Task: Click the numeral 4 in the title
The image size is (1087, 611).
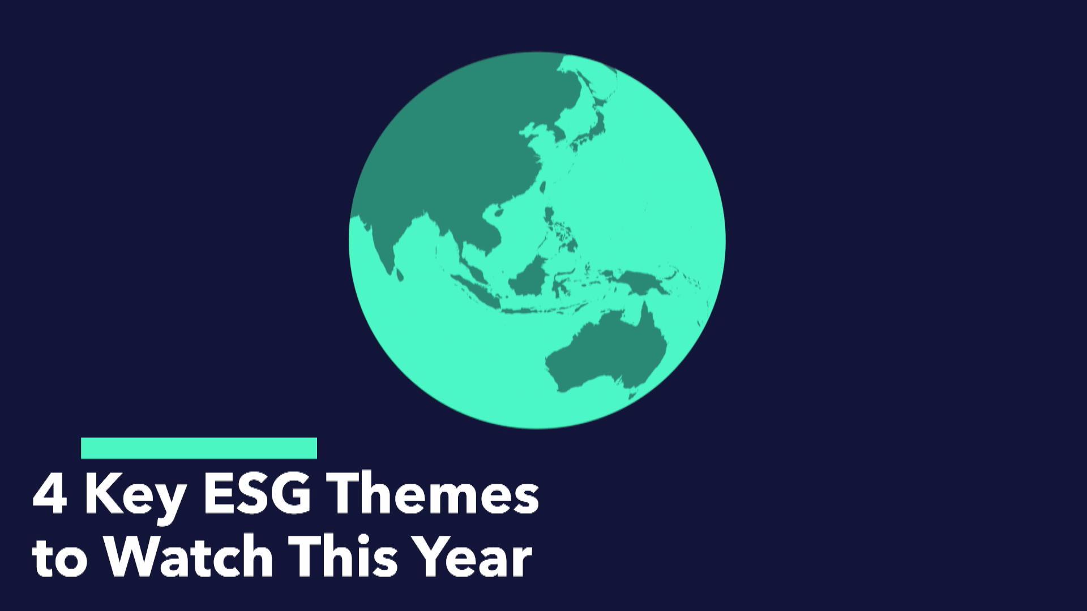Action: click(x=50, y=495)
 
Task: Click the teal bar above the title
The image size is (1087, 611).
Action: click(x=199, y=448)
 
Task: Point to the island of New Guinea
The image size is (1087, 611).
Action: click(x=640, y=281)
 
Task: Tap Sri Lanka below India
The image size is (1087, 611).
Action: click(x=400, y=275)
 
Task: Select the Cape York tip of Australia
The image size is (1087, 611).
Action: click(x=644, y=314)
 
